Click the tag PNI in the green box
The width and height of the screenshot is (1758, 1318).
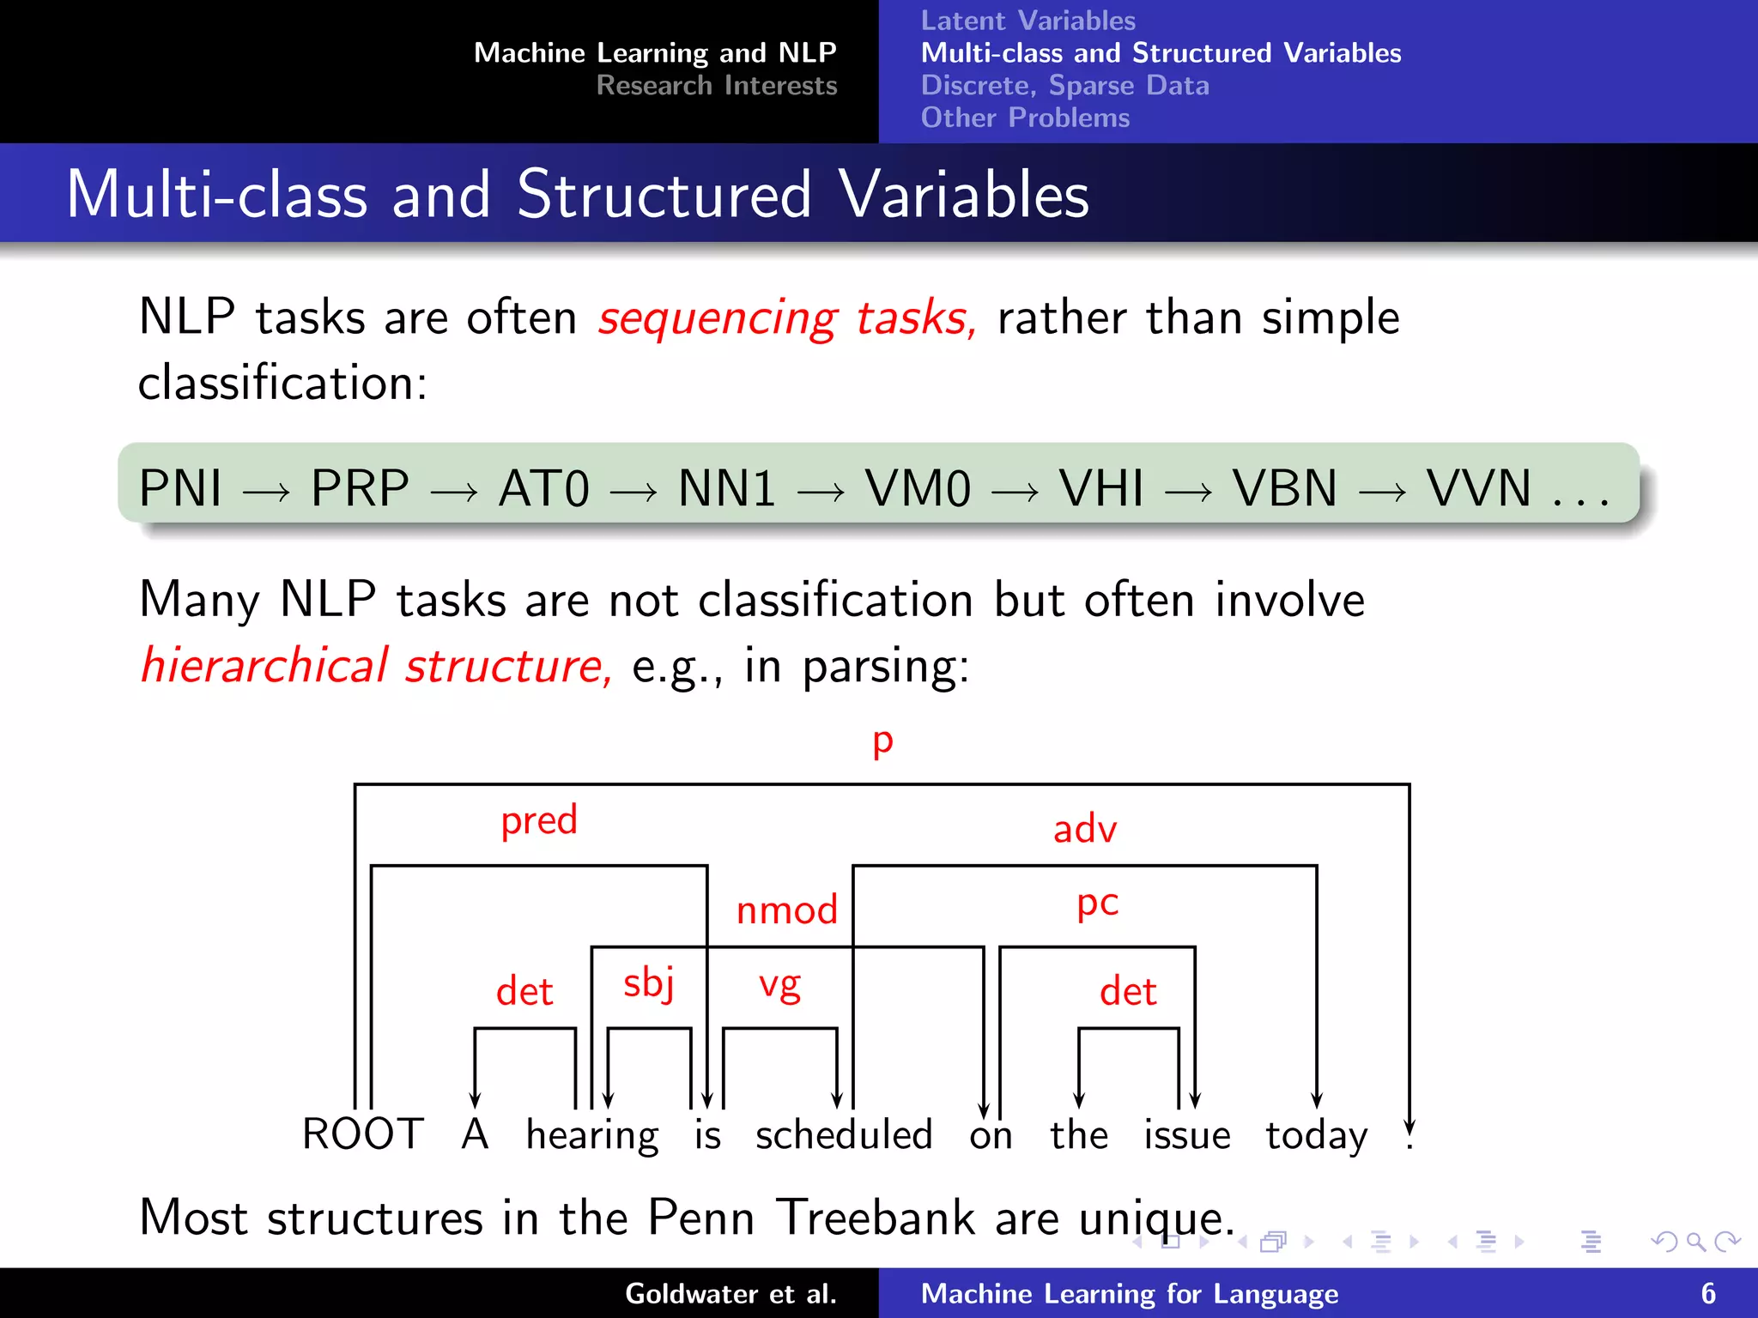point(180,488)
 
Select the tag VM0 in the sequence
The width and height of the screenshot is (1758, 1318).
point(917,488)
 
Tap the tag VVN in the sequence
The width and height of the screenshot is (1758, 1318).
point(1478,488)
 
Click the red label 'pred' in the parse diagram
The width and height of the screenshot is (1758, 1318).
point(539,820)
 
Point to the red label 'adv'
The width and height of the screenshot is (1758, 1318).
point(1085,829)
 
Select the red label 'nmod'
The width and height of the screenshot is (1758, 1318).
point(786,910)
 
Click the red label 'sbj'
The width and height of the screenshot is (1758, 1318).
point(649,983)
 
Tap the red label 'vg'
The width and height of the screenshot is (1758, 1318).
point(779,985)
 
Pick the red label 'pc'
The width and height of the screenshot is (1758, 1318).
point(1097,903)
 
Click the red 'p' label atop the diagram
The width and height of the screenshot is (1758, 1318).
point(882,741)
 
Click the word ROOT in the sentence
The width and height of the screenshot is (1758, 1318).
point(363,1134)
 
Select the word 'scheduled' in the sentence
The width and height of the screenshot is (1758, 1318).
point(843,1134)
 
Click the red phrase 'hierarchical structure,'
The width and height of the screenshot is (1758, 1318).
point(376,666)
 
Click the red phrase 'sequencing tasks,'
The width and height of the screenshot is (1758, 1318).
point(787,318)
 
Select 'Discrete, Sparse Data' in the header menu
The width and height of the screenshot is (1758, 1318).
point(1064,86)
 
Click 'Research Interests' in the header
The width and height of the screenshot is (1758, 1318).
point(716,86)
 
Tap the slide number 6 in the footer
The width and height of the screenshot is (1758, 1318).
point(1708,1293)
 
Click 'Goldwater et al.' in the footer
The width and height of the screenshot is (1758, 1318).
point(730,1293)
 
